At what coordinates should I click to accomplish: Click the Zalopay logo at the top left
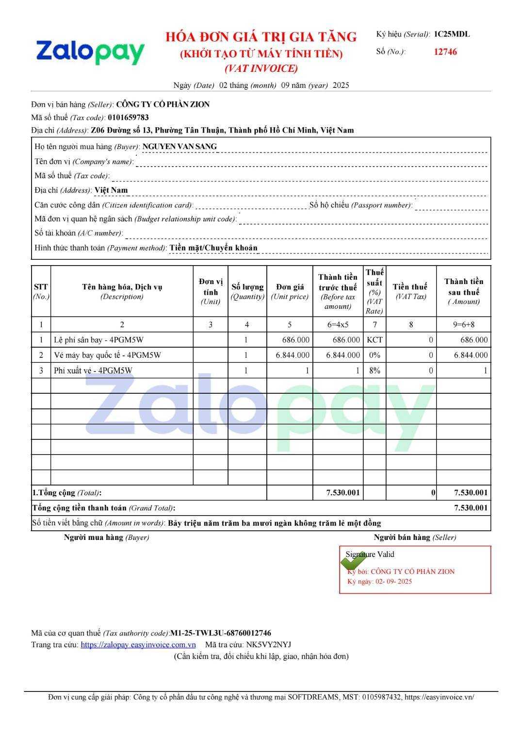(x=90, y=52)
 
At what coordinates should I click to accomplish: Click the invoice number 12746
(x=445, y=52)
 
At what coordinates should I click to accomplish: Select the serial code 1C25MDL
(x=451, y=34)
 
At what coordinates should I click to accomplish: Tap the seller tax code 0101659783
(x=128, y=117)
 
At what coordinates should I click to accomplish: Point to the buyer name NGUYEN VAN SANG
(x=179, y=146)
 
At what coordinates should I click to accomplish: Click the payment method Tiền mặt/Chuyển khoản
(x=213, y=248)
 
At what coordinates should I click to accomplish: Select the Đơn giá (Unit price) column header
(x=290, y=291)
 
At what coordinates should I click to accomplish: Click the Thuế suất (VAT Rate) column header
(x=374, y=291)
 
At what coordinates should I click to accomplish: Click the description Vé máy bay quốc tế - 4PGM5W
(x=107, y=355)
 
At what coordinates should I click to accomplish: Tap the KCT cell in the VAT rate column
(x=374, y=340)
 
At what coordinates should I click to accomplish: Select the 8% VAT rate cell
(x=374, y=370)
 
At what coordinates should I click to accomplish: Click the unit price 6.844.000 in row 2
(x=293, y=355)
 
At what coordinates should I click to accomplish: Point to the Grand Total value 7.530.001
(x=471, y=508)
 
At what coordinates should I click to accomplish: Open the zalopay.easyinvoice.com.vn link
(x=138, y=645)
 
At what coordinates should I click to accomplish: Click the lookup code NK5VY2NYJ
(x=269, y=645)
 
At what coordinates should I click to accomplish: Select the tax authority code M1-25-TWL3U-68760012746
(x=221, y=633)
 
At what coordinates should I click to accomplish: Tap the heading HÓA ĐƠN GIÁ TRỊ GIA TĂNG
(x=261, y=37)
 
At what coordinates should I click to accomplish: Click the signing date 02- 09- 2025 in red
(x=393, y=582)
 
